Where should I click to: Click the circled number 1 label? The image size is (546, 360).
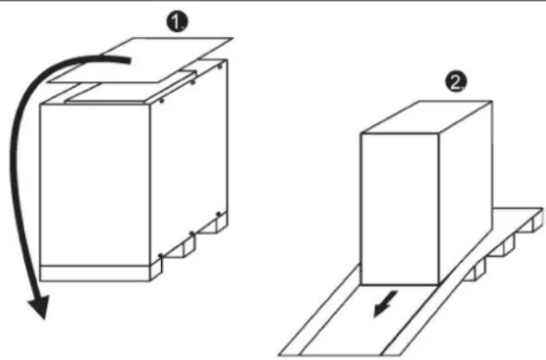[x=177, y=22]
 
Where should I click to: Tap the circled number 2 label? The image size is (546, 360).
[x=456, y=82]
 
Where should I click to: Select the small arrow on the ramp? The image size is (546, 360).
[x=385, y=304]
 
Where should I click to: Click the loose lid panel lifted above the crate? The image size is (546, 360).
[x=140, y=60]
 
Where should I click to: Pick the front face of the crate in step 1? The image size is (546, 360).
[x=95, y=185]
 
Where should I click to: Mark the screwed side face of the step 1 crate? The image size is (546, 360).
[x=189, y=160]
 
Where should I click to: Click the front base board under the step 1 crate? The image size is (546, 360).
[x=95, y=273]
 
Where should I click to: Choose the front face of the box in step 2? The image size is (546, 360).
[x=400, y=209]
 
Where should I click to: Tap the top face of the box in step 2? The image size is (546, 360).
[x=427, y=117]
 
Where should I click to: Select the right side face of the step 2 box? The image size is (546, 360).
[x=465, y=192]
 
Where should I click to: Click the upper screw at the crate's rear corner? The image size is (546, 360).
[x=219, y=66]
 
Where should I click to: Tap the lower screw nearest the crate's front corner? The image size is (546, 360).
[x=160, y=256]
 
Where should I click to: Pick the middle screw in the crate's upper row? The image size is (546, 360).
[x=192, y=82]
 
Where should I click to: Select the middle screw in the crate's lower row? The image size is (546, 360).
[x=192, y=233]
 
